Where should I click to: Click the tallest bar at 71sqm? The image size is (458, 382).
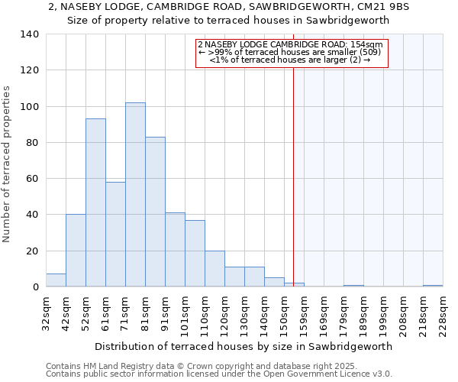tap(135, 195)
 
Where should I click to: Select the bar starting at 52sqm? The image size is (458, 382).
tap(95, 202)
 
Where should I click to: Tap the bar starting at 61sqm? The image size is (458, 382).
tap(115, 234)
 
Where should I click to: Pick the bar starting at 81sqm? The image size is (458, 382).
tap(155, 212)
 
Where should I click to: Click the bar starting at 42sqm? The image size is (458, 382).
tap(76, 251)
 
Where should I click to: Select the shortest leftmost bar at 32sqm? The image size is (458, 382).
tap(56, 280)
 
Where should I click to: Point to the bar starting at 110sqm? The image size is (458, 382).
tap(214, 269)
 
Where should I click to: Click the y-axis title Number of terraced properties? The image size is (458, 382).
tap(7, 164)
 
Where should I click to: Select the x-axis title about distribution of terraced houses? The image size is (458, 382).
tap(244, 346)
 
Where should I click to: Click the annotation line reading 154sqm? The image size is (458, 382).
tap(290, 44)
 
